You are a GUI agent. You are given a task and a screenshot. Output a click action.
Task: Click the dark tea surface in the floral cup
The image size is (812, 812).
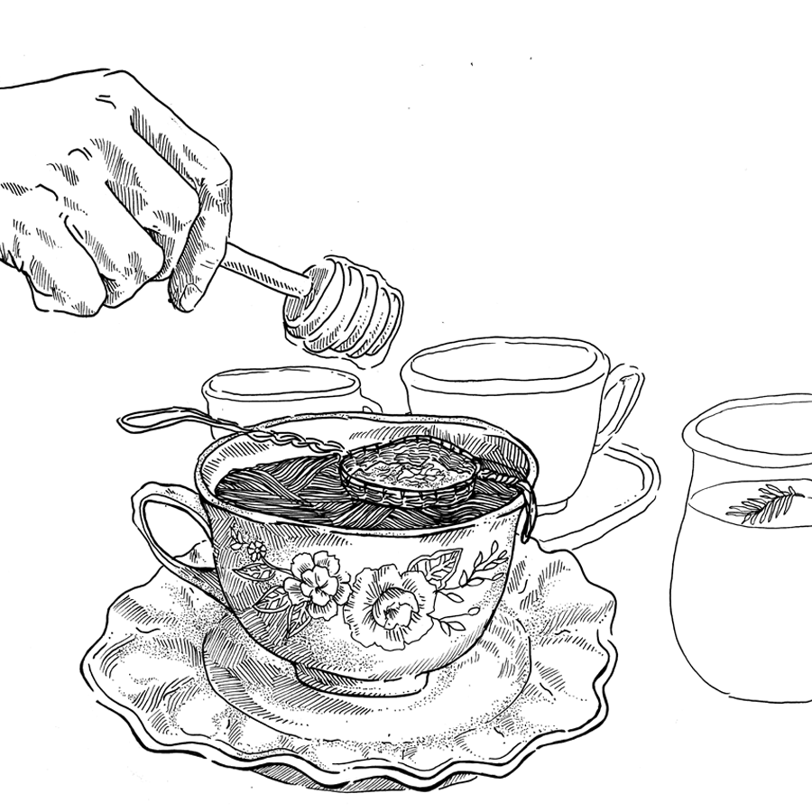pyautogui.click(x=271, y=478)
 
